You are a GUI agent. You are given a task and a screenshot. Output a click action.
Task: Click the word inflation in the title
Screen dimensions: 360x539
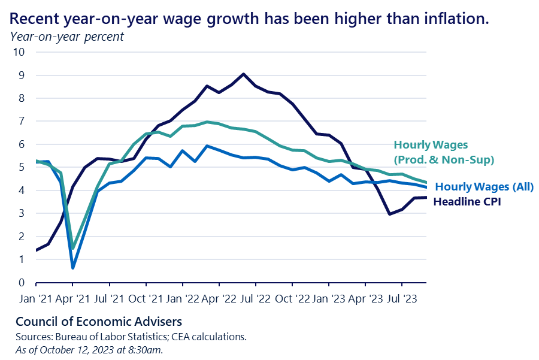coord(456,18)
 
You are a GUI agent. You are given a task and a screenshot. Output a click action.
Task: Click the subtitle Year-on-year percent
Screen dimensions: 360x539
coord(66,37)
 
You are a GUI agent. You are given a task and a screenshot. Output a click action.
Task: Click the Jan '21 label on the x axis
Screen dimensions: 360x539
coord(36,297)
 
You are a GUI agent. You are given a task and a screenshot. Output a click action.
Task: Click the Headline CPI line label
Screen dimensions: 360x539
coord(467,202)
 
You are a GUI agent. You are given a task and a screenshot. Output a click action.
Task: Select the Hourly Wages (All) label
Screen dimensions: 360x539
coord(484,187)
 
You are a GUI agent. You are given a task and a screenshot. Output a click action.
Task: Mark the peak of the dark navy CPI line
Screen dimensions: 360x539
coord(243,74)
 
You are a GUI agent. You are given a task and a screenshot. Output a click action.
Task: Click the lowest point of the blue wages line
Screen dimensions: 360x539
coord(72,267)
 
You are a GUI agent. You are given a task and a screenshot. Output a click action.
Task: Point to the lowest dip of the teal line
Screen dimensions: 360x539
coord(72,248)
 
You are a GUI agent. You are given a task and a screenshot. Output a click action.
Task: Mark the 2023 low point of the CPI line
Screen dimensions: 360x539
coord(389,214)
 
